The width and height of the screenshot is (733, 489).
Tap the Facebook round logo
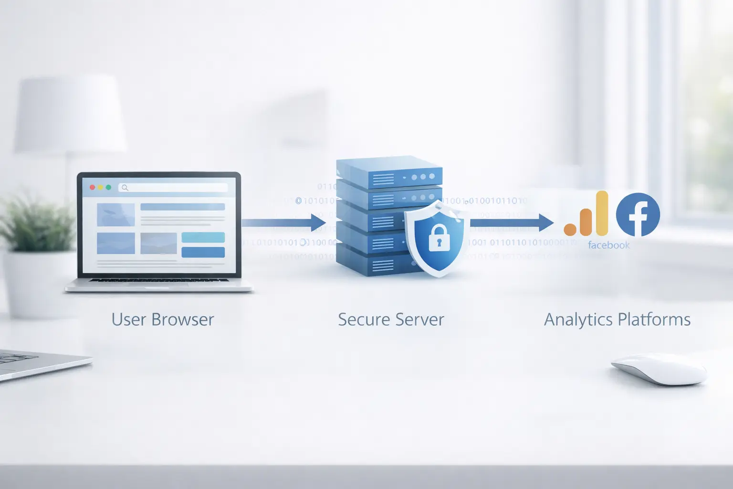click(x=638, y=215)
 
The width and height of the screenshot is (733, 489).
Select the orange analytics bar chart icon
click(x=586, y=216)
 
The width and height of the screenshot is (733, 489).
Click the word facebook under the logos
click(x=608, y=245)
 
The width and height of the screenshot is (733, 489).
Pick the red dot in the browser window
click(x=93, y=188)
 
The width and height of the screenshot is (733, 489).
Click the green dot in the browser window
click(x=108, y=188)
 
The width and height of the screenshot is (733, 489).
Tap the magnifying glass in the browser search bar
click(x=125, y=188)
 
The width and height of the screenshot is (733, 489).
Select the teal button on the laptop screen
click(x=203, y=237)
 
